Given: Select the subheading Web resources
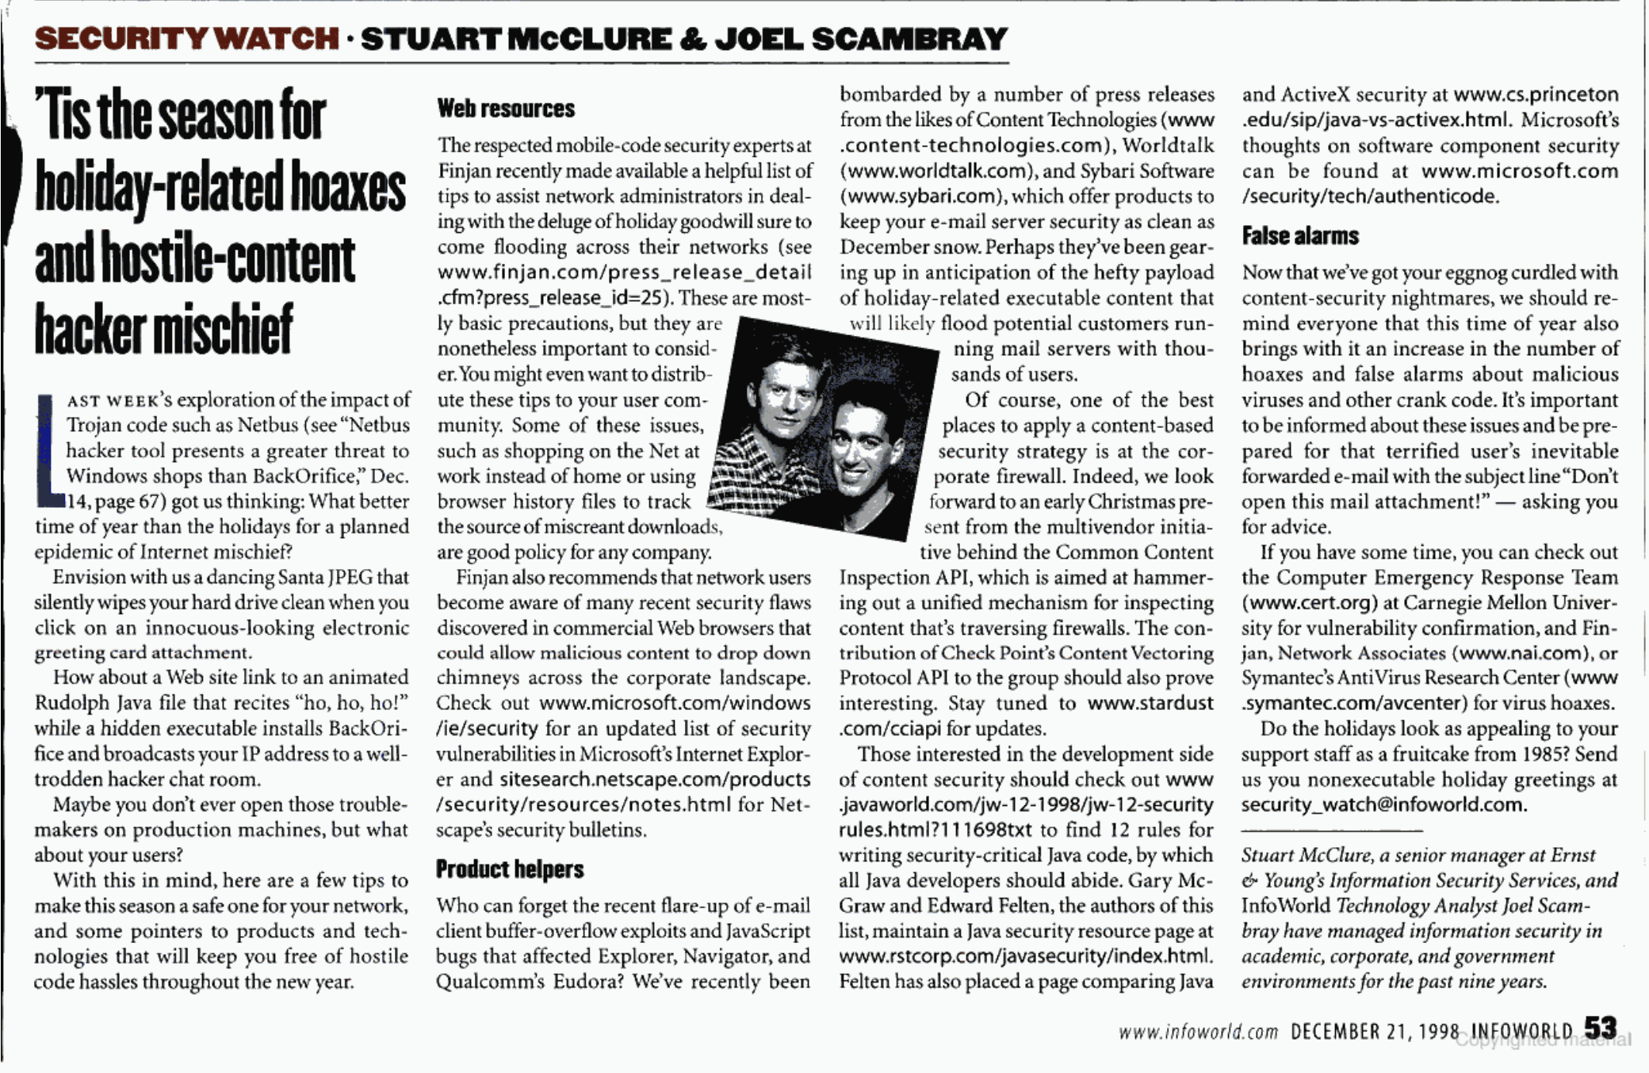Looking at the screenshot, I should point(506,109).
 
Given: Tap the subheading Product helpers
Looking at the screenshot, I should point(510,869).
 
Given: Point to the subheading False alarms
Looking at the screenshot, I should point(1300,235).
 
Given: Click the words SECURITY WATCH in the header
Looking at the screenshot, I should point(187,38).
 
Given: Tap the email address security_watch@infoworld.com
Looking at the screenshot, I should point(1383,804).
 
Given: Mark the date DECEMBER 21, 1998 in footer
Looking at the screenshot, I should point(1375,1031).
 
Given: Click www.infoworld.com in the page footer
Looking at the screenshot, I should point(1198,1032).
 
